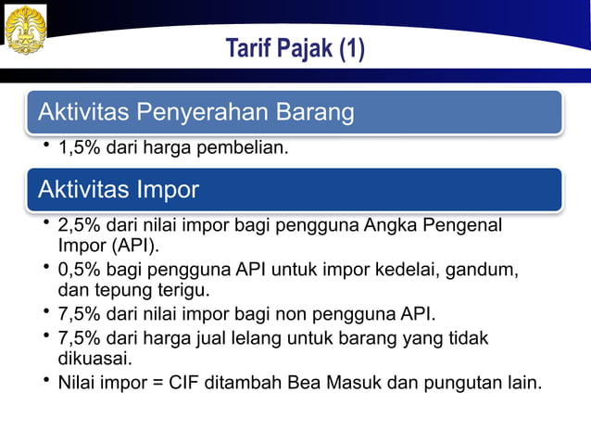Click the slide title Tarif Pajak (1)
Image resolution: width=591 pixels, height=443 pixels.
(x=295, y=48)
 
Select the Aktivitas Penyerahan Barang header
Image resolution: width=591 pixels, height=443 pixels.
(x=195, y=113)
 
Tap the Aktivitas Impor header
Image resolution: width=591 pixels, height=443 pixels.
(x=119, y=190)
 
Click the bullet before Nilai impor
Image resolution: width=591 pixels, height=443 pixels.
(x=45, y=380)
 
